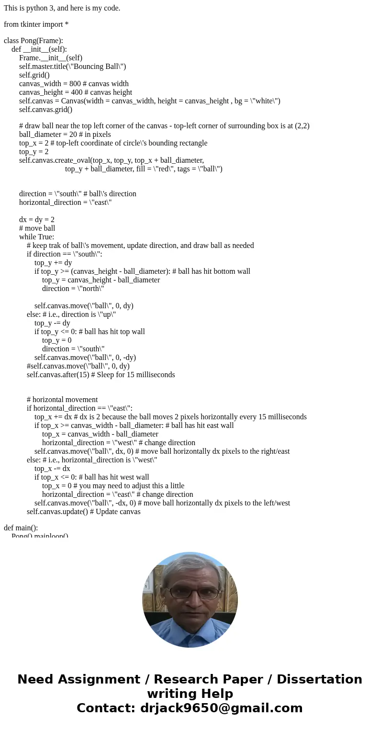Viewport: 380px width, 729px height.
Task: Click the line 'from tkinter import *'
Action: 36,24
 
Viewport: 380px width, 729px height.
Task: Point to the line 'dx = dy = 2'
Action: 37,220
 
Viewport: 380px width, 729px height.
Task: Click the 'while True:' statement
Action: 36,237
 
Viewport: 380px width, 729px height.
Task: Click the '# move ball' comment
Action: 37,228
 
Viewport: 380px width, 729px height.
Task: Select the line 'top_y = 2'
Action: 34,152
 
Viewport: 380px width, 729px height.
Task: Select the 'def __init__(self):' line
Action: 39,49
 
